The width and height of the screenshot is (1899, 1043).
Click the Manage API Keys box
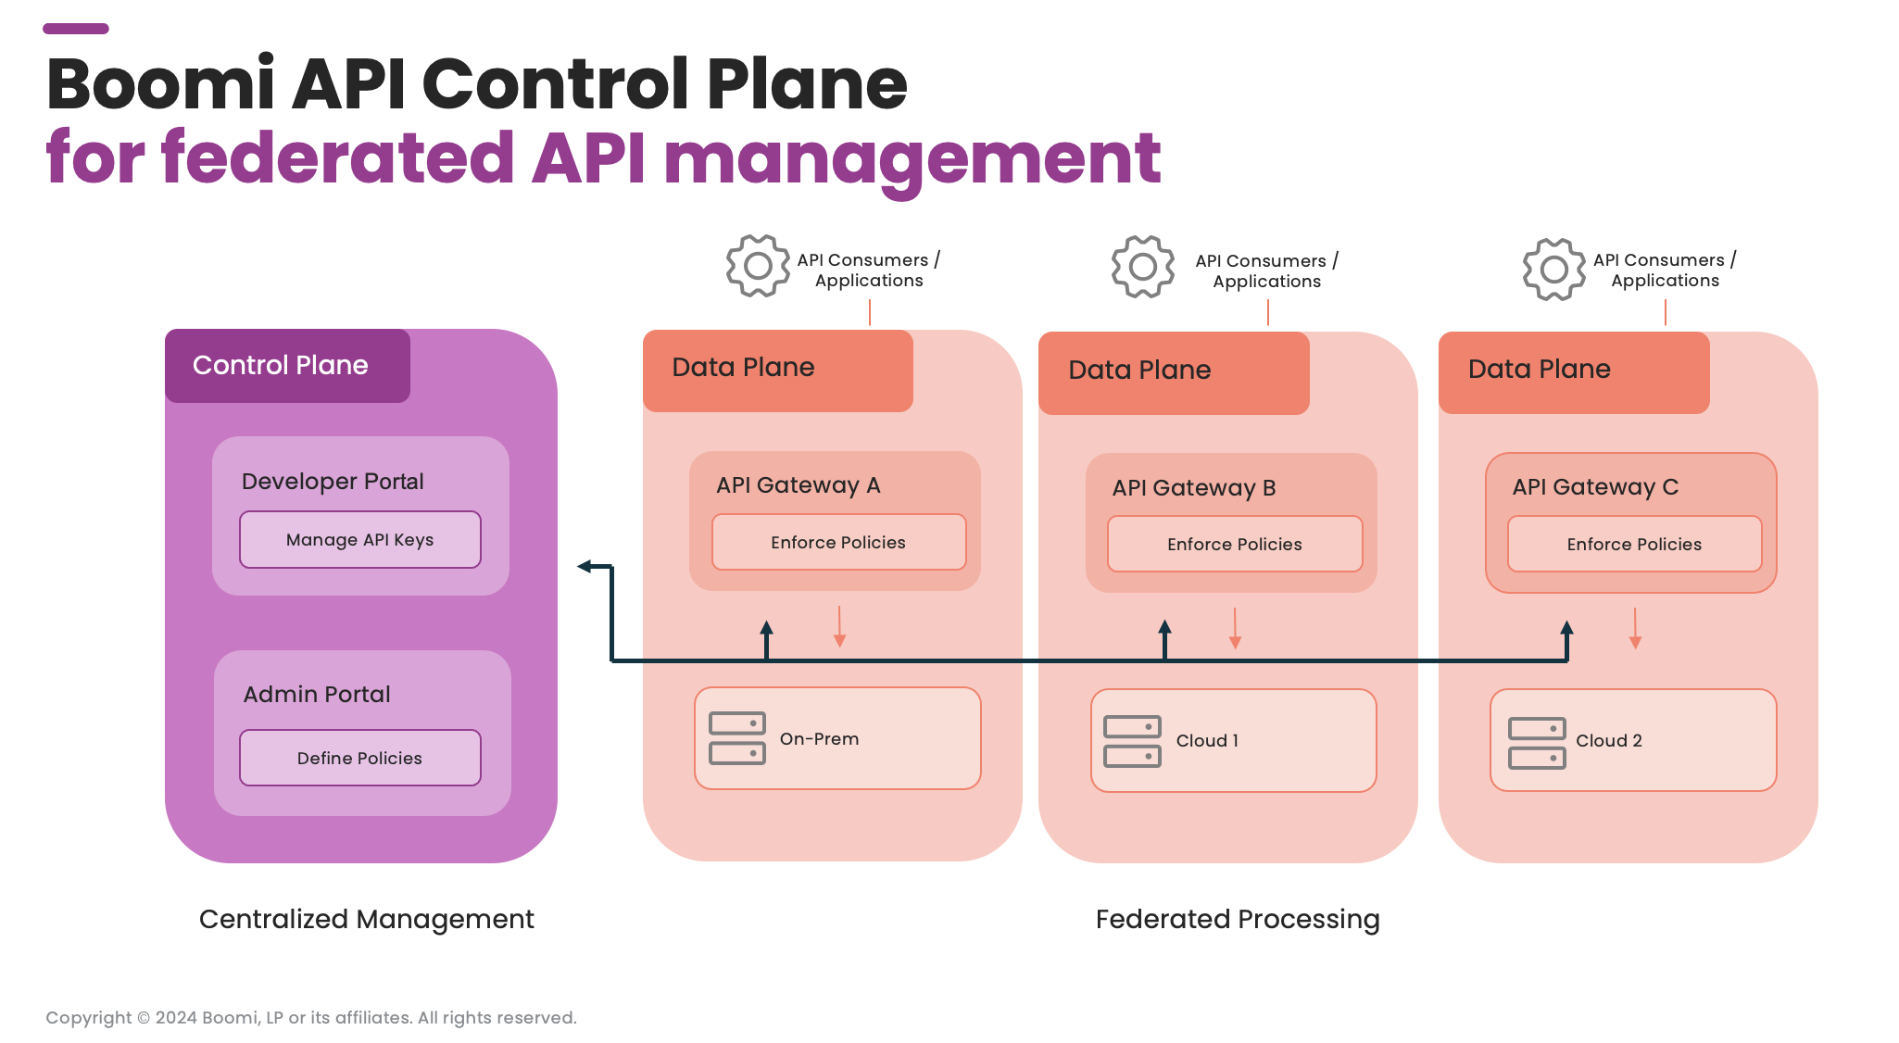[359, 540]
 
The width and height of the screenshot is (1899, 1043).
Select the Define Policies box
[359, 758]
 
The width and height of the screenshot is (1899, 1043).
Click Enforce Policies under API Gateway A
[838, 543]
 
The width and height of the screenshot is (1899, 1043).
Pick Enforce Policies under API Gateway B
[1234, 545]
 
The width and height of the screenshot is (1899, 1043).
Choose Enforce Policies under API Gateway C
[1634, 545]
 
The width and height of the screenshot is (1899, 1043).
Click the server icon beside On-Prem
[737, 738]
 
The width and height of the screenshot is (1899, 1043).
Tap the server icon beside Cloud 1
[1132, 741]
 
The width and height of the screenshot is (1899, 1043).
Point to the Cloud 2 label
[1609, 741]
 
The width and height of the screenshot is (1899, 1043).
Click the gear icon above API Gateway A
[758, 267]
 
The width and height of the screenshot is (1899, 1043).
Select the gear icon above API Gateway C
[1553, 270]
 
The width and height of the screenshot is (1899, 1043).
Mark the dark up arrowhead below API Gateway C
[1566, 629]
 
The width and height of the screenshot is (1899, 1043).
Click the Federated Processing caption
[1237, 919]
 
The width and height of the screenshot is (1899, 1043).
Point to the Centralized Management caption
[366, 919]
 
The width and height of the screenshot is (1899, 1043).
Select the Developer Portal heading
[333, 482]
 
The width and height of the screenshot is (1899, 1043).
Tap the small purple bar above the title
[76, 29]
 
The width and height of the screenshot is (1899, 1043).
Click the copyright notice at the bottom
[311, 1017]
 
